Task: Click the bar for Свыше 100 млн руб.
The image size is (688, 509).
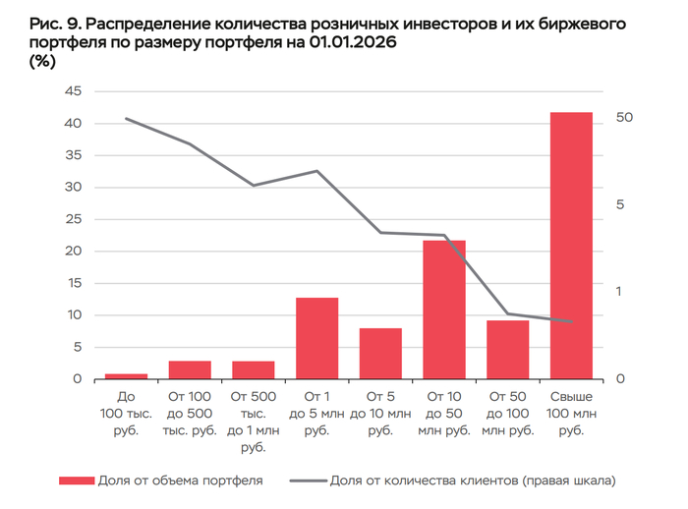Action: pyautogui.click(x=571, y=246)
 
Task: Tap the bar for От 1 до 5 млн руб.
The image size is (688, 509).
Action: pyautogui.click(x=316, y=338)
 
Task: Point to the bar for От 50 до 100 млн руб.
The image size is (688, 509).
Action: pyautogui.click(x=507, y=350)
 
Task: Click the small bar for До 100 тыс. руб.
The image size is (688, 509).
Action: pyautogui.click(x=126, y=376)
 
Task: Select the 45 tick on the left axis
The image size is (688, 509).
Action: pyautogui.click(x=73, y=91)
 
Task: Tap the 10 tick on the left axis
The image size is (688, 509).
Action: pyautogui.click(x=73, y=315)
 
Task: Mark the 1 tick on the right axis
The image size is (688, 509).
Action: pyautogui.click(x=620, y=292)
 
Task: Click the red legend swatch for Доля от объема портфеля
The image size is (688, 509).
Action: pyautogui.click(x=75, y=481)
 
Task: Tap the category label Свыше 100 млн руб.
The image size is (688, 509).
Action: pyautogui.click(x=571, y=413)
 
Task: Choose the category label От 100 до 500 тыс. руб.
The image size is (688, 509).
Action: pyautogui.click(x=190, y=413)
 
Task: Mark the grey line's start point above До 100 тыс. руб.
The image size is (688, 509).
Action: pyautogui.click(x=126, y=118)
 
